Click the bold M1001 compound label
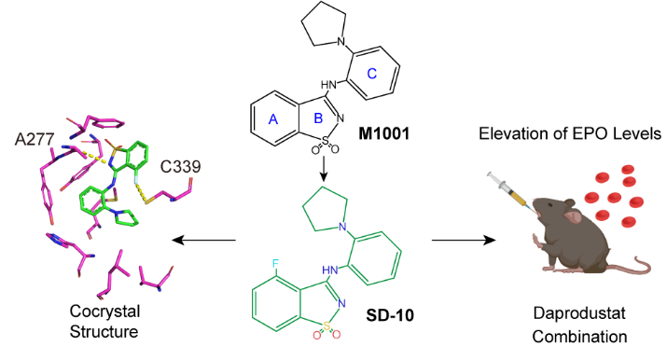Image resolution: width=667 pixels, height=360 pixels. pos(383,134)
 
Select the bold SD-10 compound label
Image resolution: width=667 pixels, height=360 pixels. pos(390,315)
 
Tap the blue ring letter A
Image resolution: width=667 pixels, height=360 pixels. pos(273,120)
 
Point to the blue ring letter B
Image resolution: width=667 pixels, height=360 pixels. pos(318,118)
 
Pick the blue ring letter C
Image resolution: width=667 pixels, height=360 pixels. pos(372,74)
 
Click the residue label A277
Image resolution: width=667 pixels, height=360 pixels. pos(35,139)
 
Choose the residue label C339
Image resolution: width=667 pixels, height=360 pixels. pos(180,167)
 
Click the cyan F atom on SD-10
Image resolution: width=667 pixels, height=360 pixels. pos(275,264)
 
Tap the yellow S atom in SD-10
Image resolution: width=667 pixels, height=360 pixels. pos(327,325)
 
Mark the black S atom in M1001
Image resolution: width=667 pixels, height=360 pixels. pos(326,140)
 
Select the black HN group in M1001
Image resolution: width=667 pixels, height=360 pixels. pos(328,85)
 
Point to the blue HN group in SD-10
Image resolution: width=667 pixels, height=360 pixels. pos(330,270)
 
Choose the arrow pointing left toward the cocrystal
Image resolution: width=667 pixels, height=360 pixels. pos(203,240)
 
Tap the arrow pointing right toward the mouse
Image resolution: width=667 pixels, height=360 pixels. pos(464,240)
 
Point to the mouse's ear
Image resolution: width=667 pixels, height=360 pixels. pos(572,216)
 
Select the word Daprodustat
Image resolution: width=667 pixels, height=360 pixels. pos(579,313)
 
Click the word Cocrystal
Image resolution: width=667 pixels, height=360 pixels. pos(104,312)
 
